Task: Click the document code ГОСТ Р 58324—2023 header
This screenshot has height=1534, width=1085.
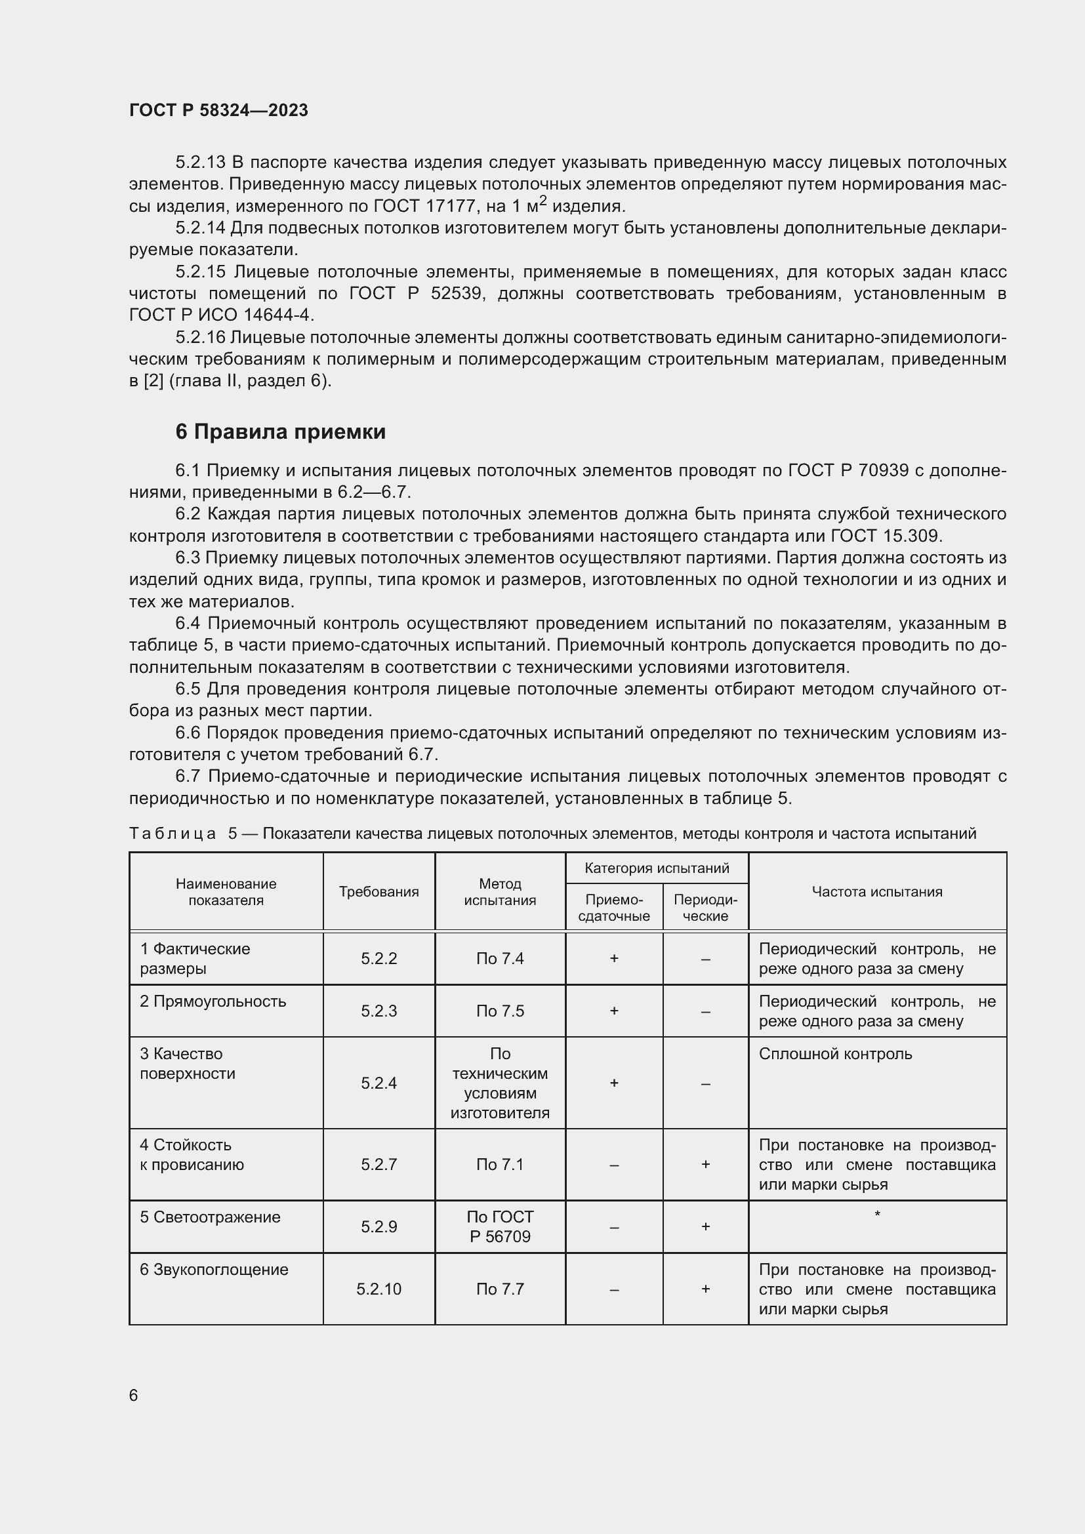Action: (x=218, y=110)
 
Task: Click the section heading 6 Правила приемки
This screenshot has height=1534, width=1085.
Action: (x=281, y=432)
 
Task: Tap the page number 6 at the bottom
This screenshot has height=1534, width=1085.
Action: (x=134, y=1395)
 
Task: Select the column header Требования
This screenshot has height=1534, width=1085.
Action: (x=379, y=891)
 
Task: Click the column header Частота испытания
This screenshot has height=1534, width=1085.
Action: (x=876, y=891)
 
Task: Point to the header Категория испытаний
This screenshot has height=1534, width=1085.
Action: (x=656, y=868)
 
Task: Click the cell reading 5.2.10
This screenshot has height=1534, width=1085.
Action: (x=379, y=1289)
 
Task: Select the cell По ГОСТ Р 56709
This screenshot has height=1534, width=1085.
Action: (x=500, y=1226)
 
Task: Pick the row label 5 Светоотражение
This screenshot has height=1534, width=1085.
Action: (x=210, y=1217)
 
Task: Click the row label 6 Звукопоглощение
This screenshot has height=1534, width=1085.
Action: (x=214, y=1270)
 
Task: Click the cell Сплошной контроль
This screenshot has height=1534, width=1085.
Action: (x=835, y=1054)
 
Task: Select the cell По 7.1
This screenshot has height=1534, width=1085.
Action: (x=500, y=1165)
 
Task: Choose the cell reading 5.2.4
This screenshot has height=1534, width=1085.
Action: (x=379, y=1083)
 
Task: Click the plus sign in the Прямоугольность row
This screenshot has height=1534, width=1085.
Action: (x=613, y=1011)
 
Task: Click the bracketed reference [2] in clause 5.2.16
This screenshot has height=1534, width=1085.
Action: (x=154, y=382)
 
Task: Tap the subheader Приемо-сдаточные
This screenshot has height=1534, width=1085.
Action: (x=613, y=907)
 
